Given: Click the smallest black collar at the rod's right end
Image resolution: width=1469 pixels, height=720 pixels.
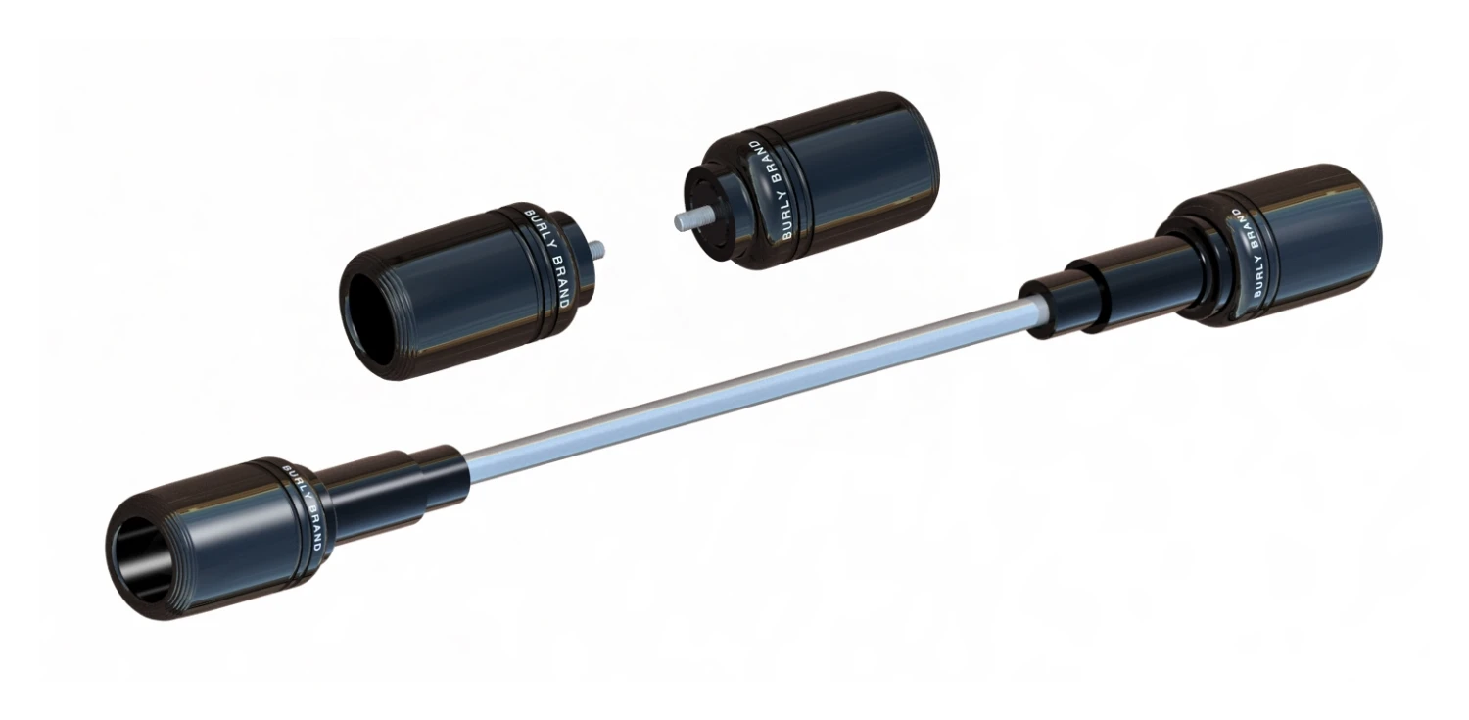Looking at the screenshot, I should [x=1044, y=306].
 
